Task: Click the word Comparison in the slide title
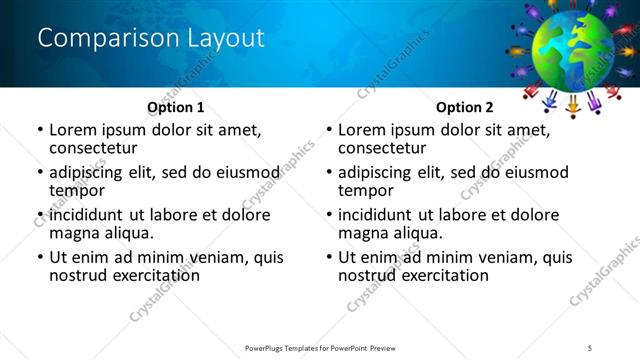point(98,38)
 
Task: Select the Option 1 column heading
point(176,107)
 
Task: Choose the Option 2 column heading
point(465,107)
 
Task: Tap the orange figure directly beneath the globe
point(574,106)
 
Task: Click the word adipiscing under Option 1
point(92,172)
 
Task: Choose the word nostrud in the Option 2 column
point(366,275)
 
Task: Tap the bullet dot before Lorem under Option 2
point(329,131)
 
